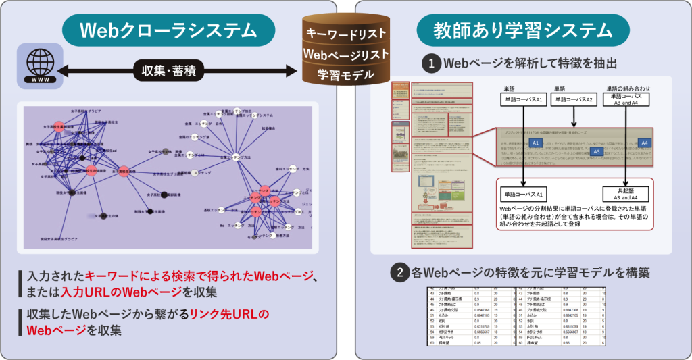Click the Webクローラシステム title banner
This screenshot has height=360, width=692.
(169, 30)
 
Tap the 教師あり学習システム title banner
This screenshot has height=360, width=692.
(522, 30)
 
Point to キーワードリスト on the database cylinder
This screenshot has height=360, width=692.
(345, 32)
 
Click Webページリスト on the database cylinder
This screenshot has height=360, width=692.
(345, 53)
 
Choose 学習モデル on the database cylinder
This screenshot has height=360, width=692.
(345, 73)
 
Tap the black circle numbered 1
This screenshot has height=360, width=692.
(431, 64)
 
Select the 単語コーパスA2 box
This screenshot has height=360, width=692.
(573, 100)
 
